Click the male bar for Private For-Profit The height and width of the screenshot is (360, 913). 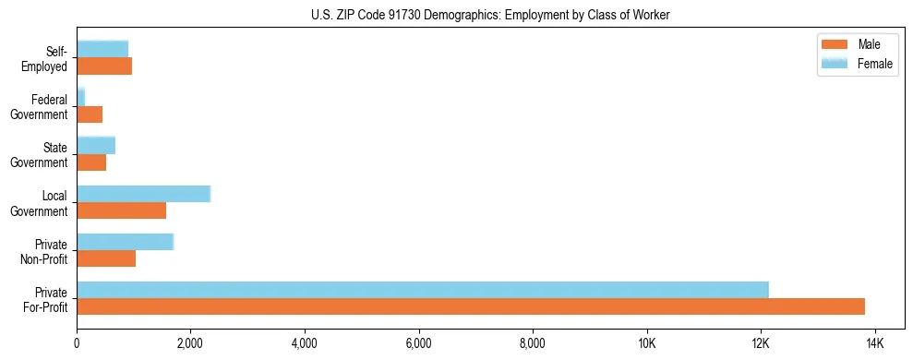[x=471, y=306]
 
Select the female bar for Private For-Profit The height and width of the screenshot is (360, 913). [x=423, y=290]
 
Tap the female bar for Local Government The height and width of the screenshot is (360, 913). [x=143, y=194]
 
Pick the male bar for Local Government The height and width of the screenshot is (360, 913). [x=121, y=210]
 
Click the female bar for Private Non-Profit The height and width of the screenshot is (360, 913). [x=125, y=242]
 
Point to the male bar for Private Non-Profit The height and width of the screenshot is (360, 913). [x=106, y=258]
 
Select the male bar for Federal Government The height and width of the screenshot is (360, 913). [x=90, y=114]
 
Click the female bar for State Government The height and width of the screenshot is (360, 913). [x=96, y=145]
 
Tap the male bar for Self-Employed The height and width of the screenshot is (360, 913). [x=104, y=66]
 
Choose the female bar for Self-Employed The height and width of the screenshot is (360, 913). [x=102, y=49]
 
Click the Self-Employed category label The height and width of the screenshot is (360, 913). [x=46, y=58]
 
